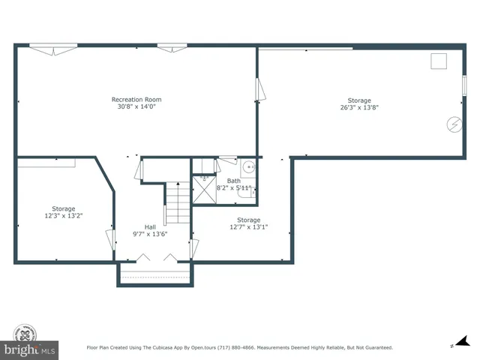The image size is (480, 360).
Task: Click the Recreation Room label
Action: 136,100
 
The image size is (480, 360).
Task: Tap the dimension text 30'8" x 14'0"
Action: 136,106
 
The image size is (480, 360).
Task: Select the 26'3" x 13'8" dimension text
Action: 359,107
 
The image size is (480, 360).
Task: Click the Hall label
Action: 150,226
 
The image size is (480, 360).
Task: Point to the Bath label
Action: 234,181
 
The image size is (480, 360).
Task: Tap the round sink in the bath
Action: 247,167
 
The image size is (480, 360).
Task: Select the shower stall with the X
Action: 203,190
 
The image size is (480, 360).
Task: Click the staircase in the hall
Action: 177,202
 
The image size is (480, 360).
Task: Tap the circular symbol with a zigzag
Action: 454,124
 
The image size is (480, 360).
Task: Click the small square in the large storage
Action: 439,61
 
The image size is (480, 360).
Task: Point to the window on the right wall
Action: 464,85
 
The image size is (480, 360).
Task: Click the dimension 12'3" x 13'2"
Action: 63,215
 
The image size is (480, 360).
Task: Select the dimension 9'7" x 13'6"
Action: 150,233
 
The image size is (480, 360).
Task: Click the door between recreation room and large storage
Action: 259,90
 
